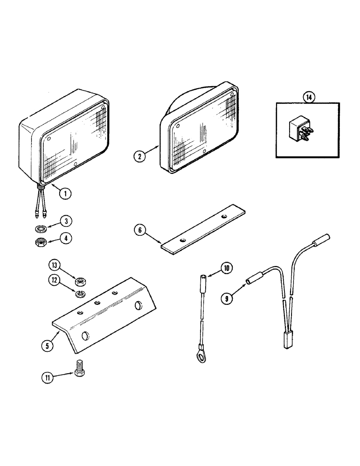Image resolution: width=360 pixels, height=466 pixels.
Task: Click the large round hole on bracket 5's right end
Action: pos(138,306)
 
